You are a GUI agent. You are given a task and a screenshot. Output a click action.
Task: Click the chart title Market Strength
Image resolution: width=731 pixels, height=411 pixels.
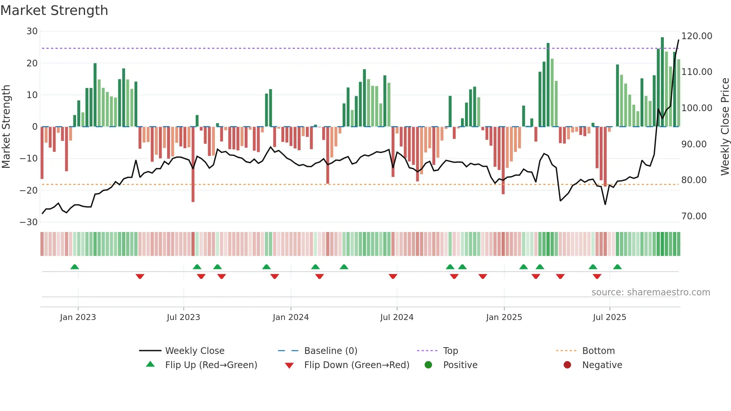[54, 10]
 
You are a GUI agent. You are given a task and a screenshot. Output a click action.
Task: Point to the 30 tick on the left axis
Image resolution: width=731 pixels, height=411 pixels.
[32, 31]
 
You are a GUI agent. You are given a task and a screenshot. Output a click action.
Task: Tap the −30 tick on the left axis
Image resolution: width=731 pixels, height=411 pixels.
[29, 222]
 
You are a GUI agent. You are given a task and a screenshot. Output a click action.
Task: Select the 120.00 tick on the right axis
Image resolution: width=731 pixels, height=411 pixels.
[696, 36]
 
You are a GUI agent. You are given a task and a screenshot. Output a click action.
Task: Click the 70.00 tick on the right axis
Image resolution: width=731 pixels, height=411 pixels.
[694, 216]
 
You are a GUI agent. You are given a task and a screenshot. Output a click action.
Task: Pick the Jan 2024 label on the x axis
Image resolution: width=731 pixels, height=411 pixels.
[291, 317]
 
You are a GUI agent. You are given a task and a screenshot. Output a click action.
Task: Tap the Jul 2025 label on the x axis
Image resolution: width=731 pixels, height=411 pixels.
[609, 317]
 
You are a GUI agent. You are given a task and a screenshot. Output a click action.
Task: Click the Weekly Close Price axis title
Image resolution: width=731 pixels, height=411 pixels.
[725, 127]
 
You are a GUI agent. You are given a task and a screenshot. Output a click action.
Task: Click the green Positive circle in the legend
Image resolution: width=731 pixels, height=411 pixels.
[428, 365]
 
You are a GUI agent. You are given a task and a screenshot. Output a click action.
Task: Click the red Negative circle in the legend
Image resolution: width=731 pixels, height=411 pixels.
[567, 365]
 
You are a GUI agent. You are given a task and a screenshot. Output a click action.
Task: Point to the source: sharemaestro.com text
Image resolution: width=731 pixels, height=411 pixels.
[650, 292]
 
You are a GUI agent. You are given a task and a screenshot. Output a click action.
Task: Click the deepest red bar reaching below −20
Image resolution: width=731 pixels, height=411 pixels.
[193, 164]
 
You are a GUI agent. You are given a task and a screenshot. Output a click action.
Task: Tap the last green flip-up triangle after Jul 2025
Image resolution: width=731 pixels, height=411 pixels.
[617, 267]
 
